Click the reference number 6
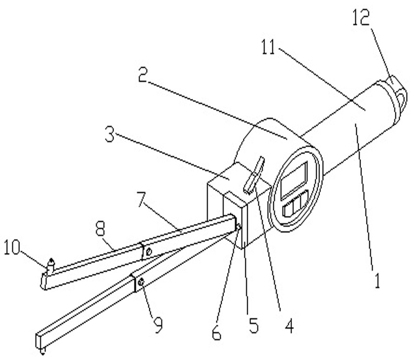217,332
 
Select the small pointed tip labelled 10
50,264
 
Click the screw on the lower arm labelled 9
141,282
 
